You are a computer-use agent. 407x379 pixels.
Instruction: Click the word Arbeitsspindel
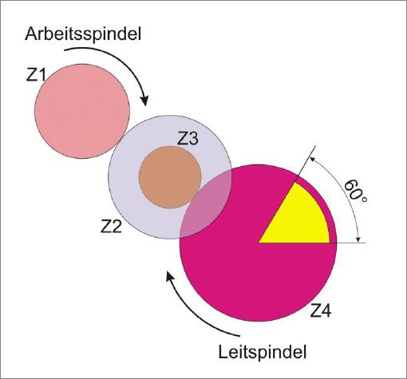(83, 34)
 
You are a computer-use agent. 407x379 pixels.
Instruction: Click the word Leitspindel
(263, 353)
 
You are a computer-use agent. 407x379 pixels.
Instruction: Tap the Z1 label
(36, 74)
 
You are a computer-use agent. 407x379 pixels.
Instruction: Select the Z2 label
(111, 227)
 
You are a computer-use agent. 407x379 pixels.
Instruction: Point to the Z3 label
(188, 139)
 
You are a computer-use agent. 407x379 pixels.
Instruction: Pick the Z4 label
(321, 310)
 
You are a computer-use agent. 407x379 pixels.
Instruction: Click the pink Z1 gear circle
(82, 111)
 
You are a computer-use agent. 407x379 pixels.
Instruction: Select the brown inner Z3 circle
(170, 177)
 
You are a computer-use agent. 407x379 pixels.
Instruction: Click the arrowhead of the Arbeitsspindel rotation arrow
(144, 101)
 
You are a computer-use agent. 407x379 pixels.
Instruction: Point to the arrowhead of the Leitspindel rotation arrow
(170, 277)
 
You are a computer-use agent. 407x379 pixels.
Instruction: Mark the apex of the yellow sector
(259, 243)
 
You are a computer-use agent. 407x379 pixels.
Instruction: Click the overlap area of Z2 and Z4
(206, 205)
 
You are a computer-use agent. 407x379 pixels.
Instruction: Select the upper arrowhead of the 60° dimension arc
(312, 159)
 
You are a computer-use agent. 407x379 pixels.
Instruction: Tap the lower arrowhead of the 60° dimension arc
(359, 239)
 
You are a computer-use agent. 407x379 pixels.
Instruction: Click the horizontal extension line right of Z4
(352, 243)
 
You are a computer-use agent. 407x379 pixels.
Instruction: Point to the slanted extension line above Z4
(306, 164)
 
